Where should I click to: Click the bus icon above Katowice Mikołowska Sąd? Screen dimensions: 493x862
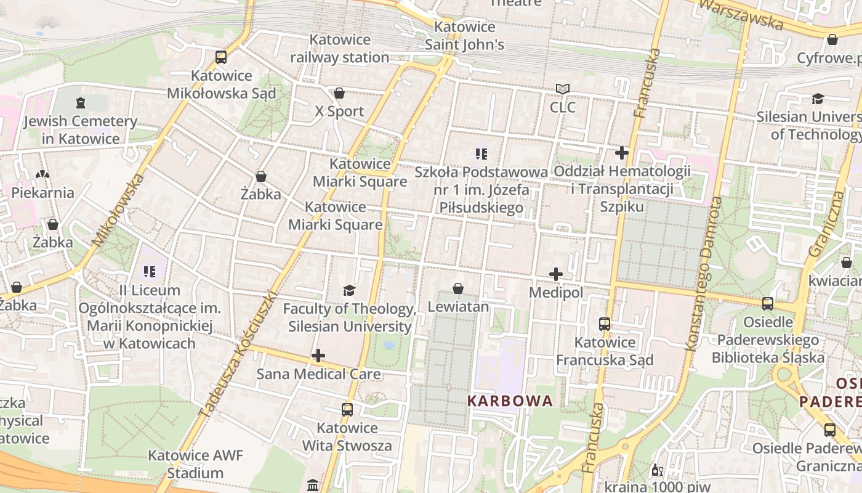pyautogui.click(x=221, y=57)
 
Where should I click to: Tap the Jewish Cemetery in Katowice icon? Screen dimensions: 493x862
pyautogui.click(x=80, y=103)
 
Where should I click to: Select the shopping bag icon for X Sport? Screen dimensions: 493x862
pyautogui.click(x=339, y=93)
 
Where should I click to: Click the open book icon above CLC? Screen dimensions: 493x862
pyautogui.click(x=563, y=89)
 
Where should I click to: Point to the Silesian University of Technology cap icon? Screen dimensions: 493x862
pyautogui.click(x=818, y=99)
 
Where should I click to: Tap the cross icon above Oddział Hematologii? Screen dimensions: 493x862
pyautogui.click(x=622, y=152)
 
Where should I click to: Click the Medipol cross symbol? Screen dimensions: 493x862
pyautogui.click(x=556, y=274)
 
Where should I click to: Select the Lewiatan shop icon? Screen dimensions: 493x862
pyautogui.click(x=458, y=288)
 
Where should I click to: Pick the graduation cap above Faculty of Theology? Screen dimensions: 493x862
pyautogui.click(x=350, y=290)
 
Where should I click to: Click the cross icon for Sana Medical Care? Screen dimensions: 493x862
pyautogui.click(x=318, y=356)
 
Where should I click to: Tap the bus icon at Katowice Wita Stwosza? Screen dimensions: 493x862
pyautogui.click(x=347, y=410)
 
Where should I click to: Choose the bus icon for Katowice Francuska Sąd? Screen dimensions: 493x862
pyautogui.click(x=605, y=324)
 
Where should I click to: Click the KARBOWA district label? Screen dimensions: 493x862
pyautogui.click(x=510, y=401)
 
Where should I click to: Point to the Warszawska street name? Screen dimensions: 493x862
pyautogui.click(x=741, y=14)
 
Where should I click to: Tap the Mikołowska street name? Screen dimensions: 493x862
pyautogui.click(x=119, y=210)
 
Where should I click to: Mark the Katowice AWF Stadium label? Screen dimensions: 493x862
pyautogui.click(x=195, y=465)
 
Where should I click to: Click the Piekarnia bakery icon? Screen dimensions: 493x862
pyautogui.click(x=42, y=174)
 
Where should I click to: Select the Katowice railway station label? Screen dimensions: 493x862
pyautogui.click(x=340, y=49)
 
